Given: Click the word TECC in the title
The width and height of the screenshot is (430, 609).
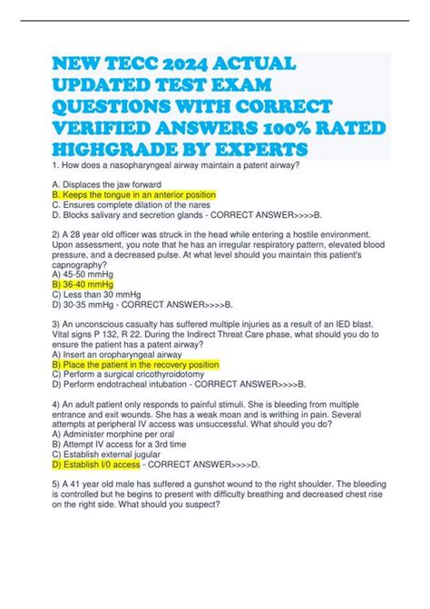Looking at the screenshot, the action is click(127, 64).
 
